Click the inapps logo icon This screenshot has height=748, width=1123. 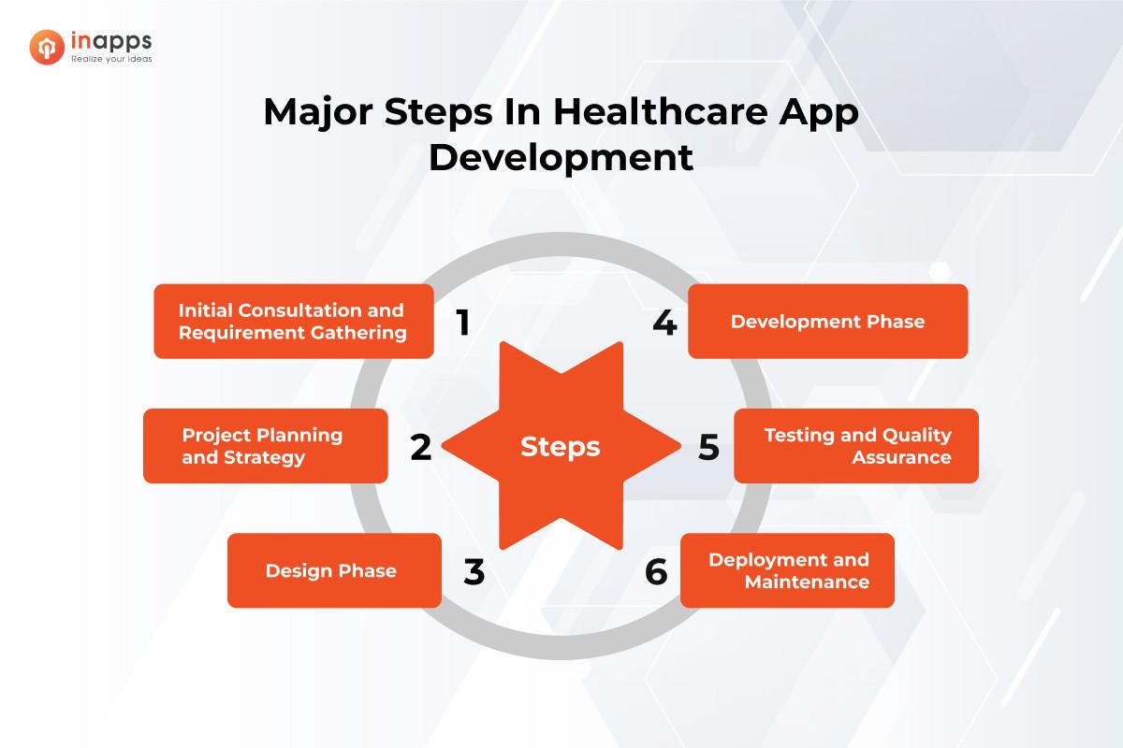[47, 45]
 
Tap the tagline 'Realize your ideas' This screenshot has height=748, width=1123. [112, 58]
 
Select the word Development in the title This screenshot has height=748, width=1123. [561, 156]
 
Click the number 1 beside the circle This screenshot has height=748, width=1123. [462, 323]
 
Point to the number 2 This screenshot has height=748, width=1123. [421, 448]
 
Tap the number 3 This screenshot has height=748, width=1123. [474, 572]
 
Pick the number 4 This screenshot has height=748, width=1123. [664, 323]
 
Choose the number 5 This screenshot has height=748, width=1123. [708, 448]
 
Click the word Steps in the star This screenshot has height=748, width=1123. [560, 447]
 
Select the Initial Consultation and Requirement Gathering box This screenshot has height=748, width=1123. [293, 322]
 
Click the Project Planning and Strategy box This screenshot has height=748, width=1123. [265, 446]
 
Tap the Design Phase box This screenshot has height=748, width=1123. [334, 570]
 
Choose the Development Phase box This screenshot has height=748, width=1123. [827, 322]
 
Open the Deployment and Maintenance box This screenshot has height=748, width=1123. [787, 570]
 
